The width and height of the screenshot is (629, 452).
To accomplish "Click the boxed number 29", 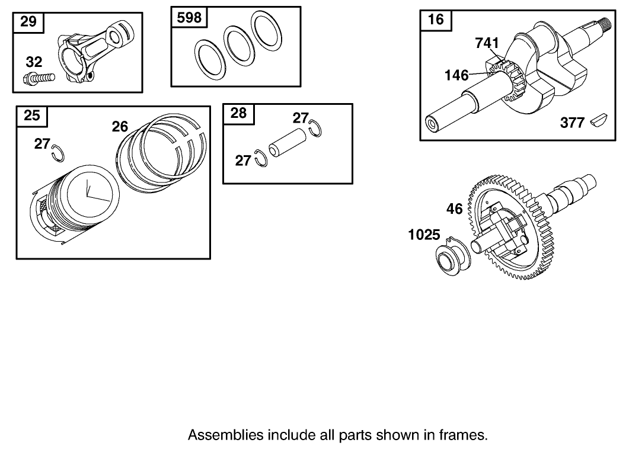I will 28,22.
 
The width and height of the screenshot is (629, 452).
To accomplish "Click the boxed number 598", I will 189,18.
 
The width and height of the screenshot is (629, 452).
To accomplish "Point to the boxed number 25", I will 32,116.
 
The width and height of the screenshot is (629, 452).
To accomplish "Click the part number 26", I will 120,126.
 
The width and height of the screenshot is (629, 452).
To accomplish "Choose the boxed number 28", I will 238,113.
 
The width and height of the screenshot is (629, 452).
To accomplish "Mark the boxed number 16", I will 435,20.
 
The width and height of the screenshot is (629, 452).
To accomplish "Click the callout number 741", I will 487,43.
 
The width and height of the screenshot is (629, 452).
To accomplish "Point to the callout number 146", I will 456,75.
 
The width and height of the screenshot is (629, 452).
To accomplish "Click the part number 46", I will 454,209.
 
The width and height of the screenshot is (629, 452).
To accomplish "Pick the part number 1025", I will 425,235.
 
